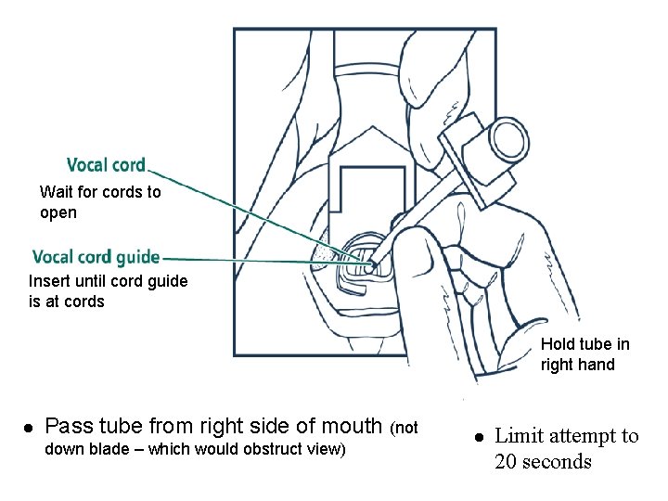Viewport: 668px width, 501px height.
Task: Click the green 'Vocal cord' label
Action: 106,165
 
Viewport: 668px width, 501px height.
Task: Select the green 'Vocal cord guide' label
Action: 96,257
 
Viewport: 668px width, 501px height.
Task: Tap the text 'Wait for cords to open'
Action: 99,202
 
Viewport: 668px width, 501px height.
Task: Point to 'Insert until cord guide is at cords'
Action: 108,291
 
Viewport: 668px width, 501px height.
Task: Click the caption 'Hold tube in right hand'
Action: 584,354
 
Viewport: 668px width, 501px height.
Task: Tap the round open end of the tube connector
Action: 508,139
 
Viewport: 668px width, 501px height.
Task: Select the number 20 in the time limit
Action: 507,461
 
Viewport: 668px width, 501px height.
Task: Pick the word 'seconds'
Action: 557,461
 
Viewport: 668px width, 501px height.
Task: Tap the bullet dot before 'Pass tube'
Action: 29,428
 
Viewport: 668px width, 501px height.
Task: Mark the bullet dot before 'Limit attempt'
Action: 478,436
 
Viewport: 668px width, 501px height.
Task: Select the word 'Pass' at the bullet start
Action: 69,426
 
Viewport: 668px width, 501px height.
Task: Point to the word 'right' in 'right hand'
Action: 559,365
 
